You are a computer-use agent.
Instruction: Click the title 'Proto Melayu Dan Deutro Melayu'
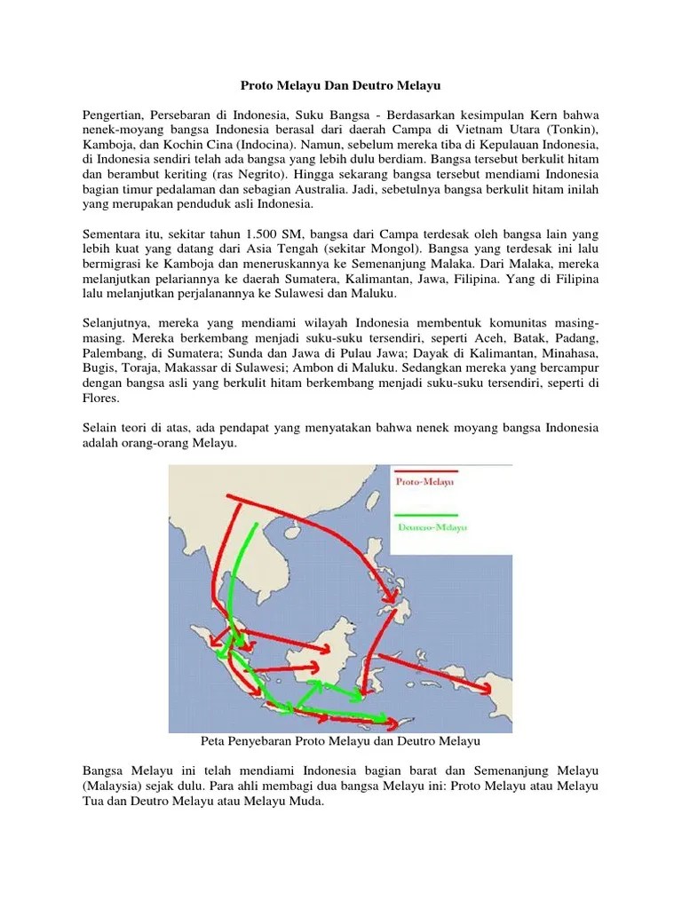(x=341, y=87)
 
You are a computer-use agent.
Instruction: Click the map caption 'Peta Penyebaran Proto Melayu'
(x=341, y=739)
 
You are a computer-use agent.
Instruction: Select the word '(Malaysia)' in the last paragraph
(x=115, y=786)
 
